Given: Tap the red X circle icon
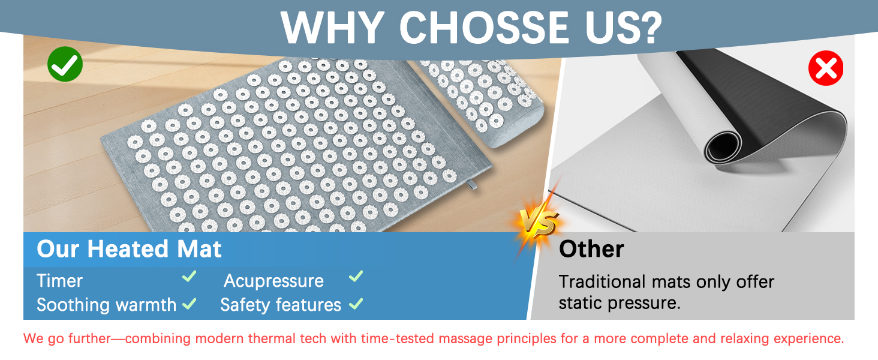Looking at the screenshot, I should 826,68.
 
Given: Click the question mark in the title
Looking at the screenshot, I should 650,26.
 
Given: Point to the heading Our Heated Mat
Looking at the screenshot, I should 129,249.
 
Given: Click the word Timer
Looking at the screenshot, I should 59,281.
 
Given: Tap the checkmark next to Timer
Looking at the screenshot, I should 190,277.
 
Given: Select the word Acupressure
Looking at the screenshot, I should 273,281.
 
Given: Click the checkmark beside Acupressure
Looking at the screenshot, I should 356,277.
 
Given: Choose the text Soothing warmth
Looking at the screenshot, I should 106,305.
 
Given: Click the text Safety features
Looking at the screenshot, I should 281,305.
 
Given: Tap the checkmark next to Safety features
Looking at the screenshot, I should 356,304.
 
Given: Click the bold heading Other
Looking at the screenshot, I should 591,249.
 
